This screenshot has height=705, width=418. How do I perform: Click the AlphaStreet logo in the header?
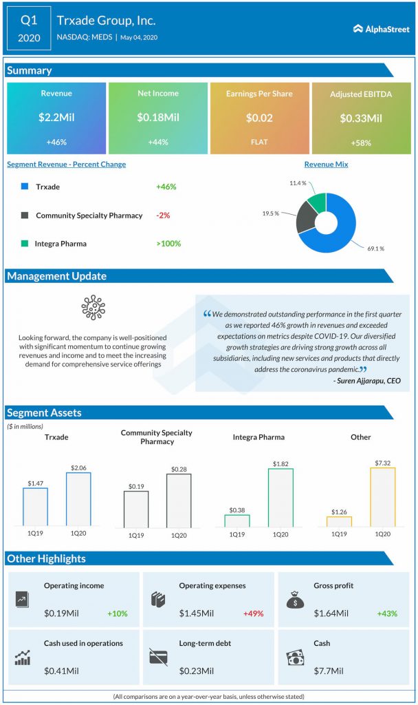pyautogui.click(x=382, y=29)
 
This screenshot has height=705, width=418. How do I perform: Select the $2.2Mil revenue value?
pyautogui.click(x=56, y=118)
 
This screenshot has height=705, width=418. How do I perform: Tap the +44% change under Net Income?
pyautogui.click(x=157, y=142)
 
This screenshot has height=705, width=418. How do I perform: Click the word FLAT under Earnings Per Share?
pyautogui.click(x=259, y=142)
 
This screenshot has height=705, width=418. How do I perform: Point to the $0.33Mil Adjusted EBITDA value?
pyautogui.click(x=361, y=118)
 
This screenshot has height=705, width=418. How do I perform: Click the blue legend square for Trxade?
pyautogui.click(x=25, y=187)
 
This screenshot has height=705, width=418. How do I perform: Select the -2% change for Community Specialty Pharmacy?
pyautogui.click(x=163, y=215)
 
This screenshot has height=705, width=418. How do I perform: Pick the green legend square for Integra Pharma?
pyautogui.click(x=25, y=243)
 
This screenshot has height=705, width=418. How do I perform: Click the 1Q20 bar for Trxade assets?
pyautogui.click(x=78, y=499)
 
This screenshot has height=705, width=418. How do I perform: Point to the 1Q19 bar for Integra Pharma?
pyautogui.click(x=237, y=520)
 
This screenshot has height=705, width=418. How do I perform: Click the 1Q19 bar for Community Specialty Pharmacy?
pyautogui.click(x=135, y=509)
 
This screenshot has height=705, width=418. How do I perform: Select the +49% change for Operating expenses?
pyautogui.click(x=252, y=613)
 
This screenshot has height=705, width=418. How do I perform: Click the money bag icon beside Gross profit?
pyautogui.click(x=295, y=600)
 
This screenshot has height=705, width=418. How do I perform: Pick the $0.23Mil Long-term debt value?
pyautogui.click(x=197, y=671)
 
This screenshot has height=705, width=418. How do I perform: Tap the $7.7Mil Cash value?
pyautogui.click(x=329, y=671)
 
